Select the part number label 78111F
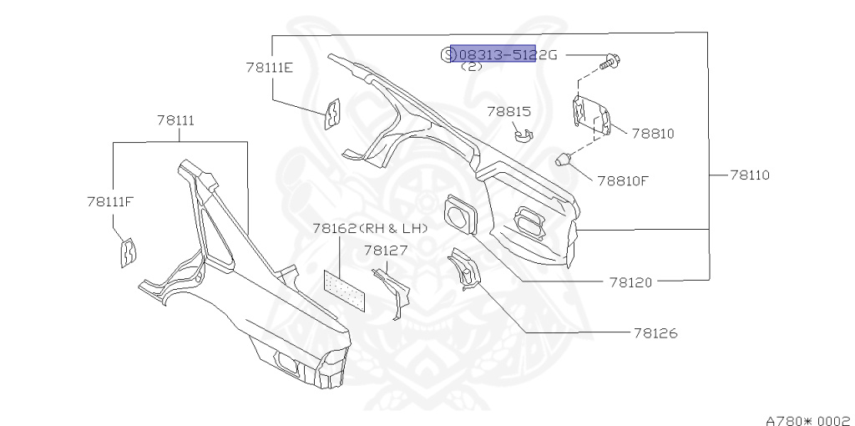[110, 201]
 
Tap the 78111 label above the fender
[175, 120]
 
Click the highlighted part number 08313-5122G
[493, 54]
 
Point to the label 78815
[509, 111]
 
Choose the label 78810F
[622, 180]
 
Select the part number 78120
[630, 282]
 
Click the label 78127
[385, 250]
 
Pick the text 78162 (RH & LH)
[370, 228]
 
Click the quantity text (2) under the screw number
[472, 67]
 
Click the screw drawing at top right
[613, 59]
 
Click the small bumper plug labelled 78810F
[565, 158]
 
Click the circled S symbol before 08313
[446, 55]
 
